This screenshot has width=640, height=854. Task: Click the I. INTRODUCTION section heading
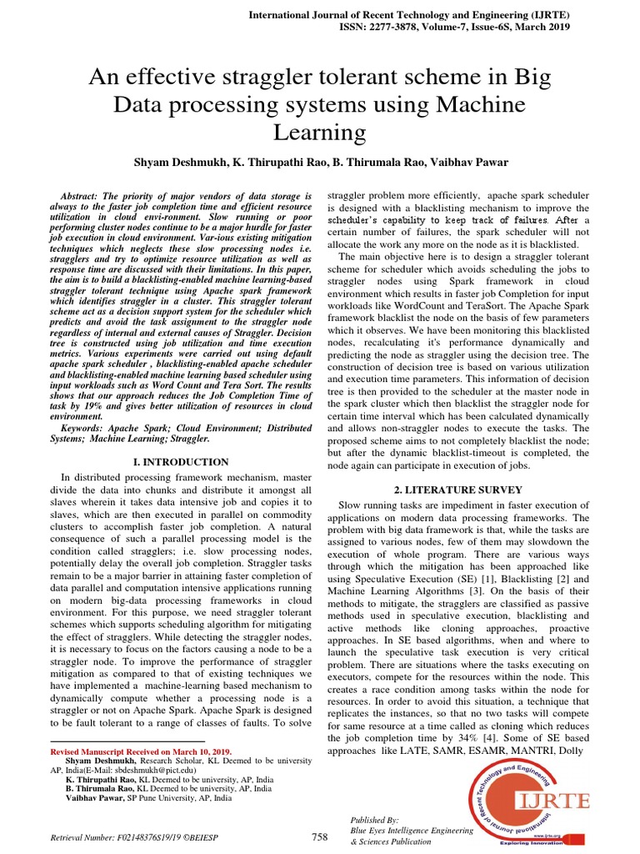(x=181, y=461)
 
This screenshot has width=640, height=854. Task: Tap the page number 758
(x=320, y=836)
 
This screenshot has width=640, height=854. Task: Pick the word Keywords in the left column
(x=88, y=427)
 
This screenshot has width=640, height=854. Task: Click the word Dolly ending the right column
(x=572, y=751)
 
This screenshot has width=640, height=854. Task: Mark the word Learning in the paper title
(x=319, y=132)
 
